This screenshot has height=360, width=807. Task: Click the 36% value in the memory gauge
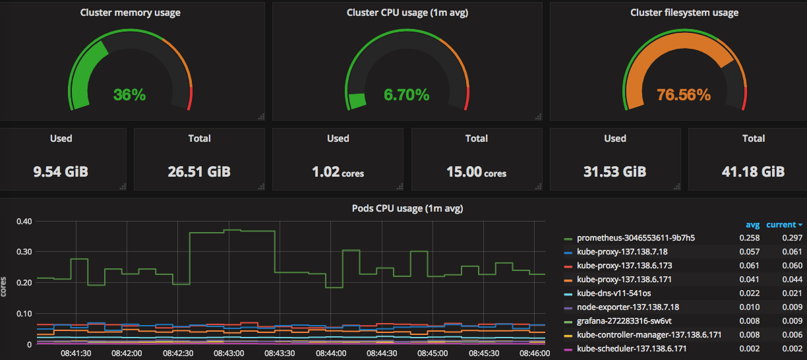tap(129, 94)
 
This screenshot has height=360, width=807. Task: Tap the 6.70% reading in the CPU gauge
tap(407, 94)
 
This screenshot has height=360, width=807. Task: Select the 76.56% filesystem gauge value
tap(684, 94)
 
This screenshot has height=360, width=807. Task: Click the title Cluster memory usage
tap(130, 13)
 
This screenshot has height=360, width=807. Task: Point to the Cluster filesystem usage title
tap(684, 13)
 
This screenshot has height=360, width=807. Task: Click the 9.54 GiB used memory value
tap(61, 172)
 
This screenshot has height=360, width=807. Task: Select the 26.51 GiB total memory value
tap(199, 172)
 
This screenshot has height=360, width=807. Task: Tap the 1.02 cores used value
tap(338, 173)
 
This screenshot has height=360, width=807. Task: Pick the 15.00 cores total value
tap(476, 173)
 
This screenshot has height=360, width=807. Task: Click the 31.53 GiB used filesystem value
tap(614, 172)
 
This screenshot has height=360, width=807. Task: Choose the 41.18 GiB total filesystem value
tap(753, 172)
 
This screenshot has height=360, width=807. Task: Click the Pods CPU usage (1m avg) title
tap(407, 208)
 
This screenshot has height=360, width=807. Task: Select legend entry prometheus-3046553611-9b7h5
tap(636, 238)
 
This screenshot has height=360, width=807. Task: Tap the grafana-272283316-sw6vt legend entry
tap(624, 321)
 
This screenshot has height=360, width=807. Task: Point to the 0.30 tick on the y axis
tap(24, 252)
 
